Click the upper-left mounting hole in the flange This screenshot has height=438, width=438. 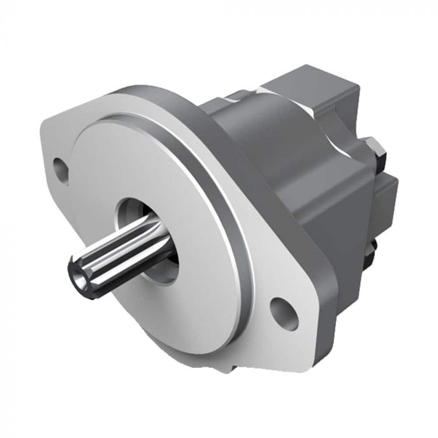[x=61, y=169]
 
